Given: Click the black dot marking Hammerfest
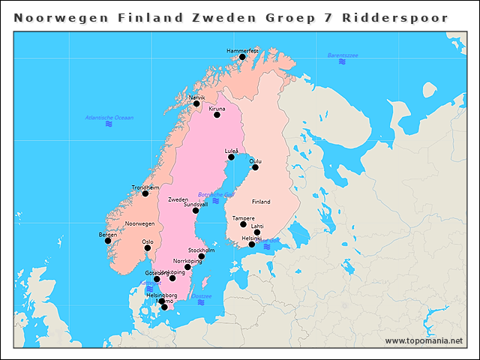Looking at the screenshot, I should coord(242,57).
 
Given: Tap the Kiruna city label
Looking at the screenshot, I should coord(217,108).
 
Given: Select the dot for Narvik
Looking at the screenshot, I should coord(196,103).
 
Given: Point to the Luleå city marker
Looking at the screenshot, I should coord(231,157).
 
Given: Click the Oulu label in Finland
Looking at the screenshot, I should coord(255,160).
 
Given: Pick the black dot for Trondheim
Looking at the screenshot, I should coord(145,193).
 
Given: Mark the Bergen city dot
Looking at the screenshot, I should coord(108,241).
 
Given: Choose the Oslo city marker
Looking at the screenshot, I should coord(148,248).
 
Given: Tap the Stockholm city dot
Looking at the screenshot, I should coord(201,256).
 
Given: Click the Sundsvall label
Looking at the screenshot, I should coord(196,204).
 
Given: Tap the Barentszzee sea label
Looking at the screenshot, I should coord(342,55).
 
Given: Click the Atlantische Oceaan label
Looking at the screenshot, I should coord(109,118).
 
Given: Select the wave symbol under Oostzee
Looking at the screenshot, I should coord(201,302).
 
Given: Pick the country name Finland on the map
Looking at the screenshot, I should coord(261,202).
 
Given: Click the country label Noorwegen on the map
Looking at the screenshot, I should coord(139,223).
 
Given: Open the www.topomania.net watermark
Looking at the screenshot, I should coord(424,340).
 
